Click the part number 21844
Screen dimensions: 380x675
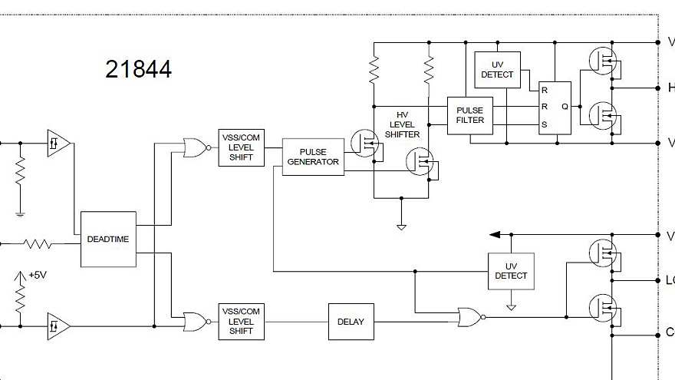click(138, 70)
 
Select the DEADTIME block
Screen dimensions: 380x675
click(108, 239)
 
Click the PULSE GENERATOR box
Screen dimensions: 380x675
click(313, 157)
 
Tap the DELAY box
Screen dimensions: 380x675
click(351, 322)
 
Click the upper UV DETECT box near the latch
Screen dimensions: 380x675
click(497, 70)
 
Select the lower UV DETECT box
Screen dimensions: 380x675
click(511, 271)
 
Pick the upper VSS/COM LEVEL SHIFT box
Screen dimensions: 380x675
click(241, 147)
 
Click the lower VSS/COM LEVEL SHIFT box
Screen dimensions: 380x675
click(241, 322)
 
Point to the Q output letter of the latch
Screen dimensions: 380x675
click(565, 107)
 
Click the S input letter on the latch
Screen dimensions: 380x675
click(545, 124)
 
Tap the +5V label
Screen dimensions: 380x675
click(38, 275)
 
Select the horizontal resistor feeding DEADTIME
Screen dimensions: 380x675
click(38, 244)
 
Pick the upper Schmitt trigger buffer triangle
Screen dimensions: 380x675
click(58, 143)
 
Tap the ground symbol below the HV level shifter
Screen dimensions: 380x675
click(400, 225)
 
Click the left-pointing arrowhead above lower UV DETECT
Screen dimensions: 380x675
click(496, 234)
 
